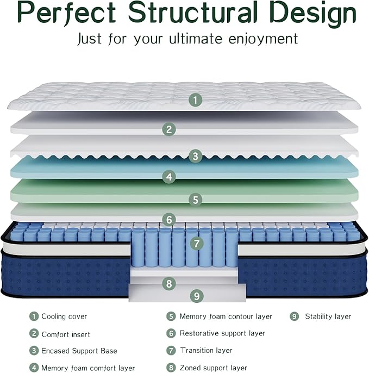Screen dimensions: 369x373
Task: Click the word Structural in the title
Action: (x=193, y=13)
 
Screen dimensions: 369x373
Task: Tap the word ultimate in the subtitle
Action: (x=196, y=39)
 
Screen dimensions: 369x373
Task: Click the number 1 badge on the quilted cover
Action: (x=196, y=100)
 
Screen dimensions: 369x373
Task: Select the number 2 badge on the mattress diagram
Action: (x=169, y=129)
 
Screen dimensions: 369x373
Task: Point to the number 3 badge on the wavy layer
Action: (x=196, y=156)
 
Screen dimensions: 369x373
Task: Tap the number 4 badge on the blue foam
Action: (x=169, y=177)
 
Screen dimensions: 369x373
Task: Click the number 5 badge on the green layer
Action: (x=196, y=200)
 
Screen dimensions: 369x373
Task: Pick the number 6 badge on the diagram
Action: (x=169, y=219)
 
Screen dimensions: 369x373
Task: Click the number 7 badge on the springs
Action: (x=197, y=244)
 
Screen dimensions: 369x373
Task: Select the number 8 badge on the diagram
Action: (x=169, y=283)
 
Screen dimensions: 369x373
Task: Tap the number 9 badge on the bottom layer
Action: (x=197, y=296)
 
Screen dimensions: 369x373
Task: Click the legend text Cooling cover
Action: (x=64, y=316)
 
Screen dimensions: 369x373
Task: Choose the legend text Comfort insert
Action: (x=66, y=334)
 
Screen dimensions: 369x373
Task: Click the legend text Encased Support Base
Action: (x=79, y=351)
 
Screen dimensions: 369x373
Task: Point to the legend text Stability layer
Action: (x=328, y=316)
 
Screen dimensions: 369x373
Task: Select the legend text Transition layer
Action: (x=206, y=350)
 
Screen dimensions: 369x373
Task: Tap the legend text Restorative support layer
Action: (x=222, y=333)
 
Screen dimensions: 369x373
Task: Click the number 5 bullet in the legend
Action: (x=171, y=316)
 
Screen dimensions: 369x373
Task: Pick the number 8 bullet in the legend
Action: (x=171, y=368)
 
